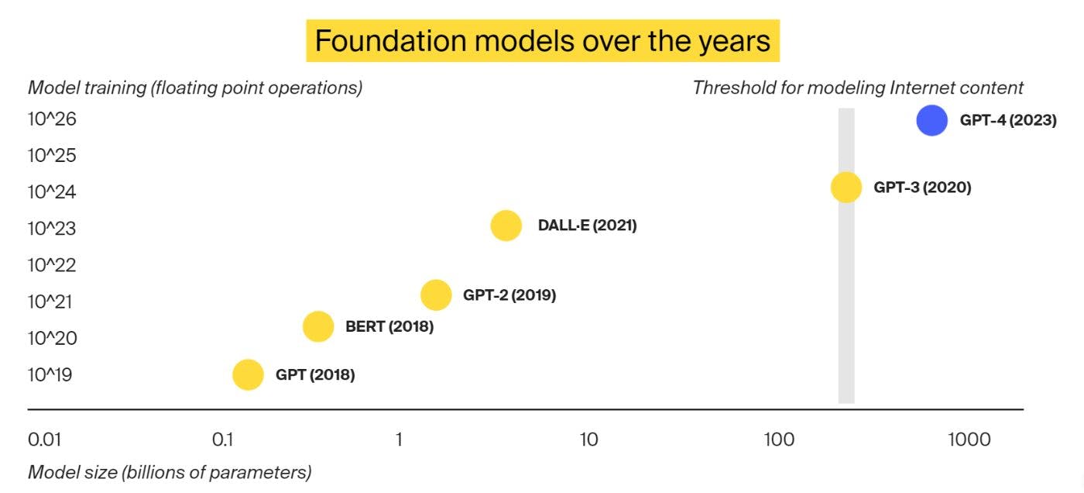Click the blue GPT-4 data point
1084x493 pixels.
click(931, 120)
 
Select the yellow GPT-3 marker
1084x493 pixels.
click(846, 188)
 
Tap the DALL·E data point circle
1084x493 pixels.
click(506, 226)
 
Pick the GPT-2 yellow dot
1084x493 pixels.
click(436, 295)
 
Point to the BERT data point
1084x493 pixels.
click(318, 326)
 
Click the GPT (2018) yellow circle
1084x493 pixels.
click(248, 374)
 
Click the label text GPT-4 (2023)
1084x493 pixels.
click(1008, 120)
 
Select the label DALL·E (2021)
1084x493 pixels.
click(588, 226)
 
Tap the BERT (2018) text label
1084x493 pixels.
click(389, 326)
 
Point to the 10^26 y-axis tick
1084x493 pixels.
click(52, 119)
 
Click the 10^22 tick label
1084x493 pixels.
click(52, 265)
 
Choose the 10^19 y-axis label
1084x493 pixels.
click(50, 374)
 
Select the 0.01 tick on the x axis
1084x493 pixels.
click(45, 440)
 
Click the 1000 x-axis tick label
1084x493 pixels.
click(969, 440)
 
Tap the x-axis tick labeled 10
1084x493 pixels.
click(588, 440)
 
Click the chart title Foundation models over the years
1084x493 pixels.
click(543, 40)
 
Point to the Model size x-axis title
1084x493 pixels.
click(170, 472)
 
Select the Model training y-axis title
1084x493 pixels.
click(195, 88)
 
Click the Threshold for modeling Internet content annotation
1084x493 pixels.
click(858, 88)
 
